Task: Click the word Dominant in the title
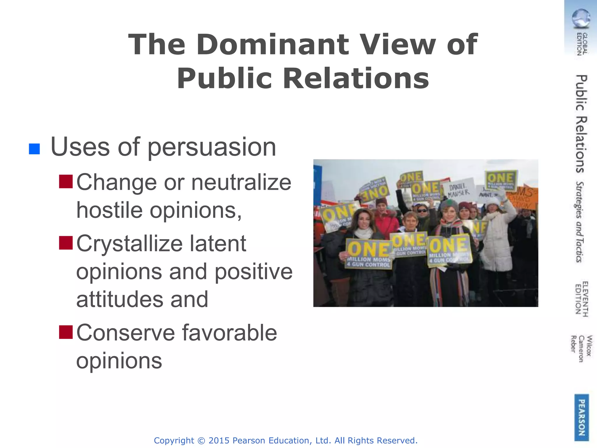273,45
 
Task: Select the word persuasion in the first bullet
212,147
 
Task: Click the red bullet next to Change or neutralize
66,181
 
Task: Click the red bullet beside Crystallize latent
66,243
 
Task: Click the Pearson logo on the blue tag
582,417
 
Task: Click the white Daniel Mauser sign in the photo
458,190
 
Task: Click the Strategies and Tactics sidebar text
580,222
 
